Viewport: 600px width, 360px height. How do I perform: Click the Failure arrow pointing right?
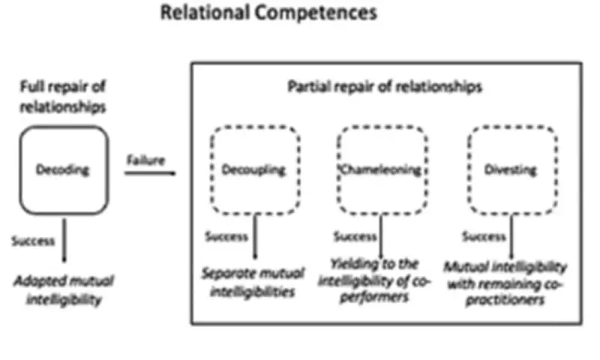click(x=150, y=174)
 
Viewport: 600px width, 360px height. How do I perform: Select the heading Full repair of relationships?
click(x=62, y=97)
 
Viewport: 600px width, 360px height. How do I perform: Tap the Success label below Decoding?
click(x=33, y=241)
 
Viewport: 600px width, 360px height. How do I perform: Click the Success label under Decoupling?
click(x=227, y=237)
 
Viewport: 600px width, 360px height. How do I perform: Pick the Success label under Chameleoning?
click(x=355, y=237)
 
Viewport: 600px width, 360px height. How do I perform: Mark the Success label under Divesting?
click(x=484, y=237)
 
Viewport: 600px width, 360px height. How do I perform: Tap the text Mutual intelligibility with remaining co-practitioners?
click(x=505, y=284)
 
